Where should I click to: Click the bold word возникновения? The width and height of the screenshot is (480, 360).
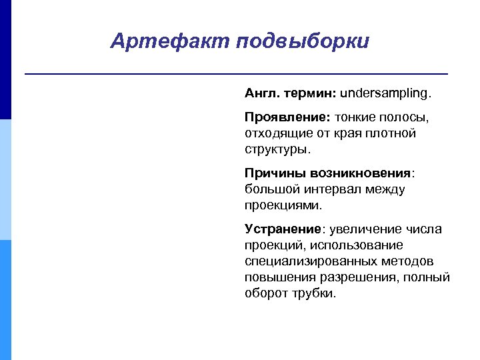click(x=360, y=173)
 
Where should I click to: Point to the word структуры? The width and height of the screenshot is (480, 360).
click(x=277, y=149)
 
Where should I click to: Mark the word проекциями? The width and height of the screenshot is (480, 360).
click(x=283, y=205)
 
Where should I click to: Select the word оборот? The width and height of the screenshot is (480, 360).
click(x=265, y=293)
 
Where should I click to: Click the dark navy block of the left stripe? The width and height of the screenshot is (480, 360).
click(x=5, y=60)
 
